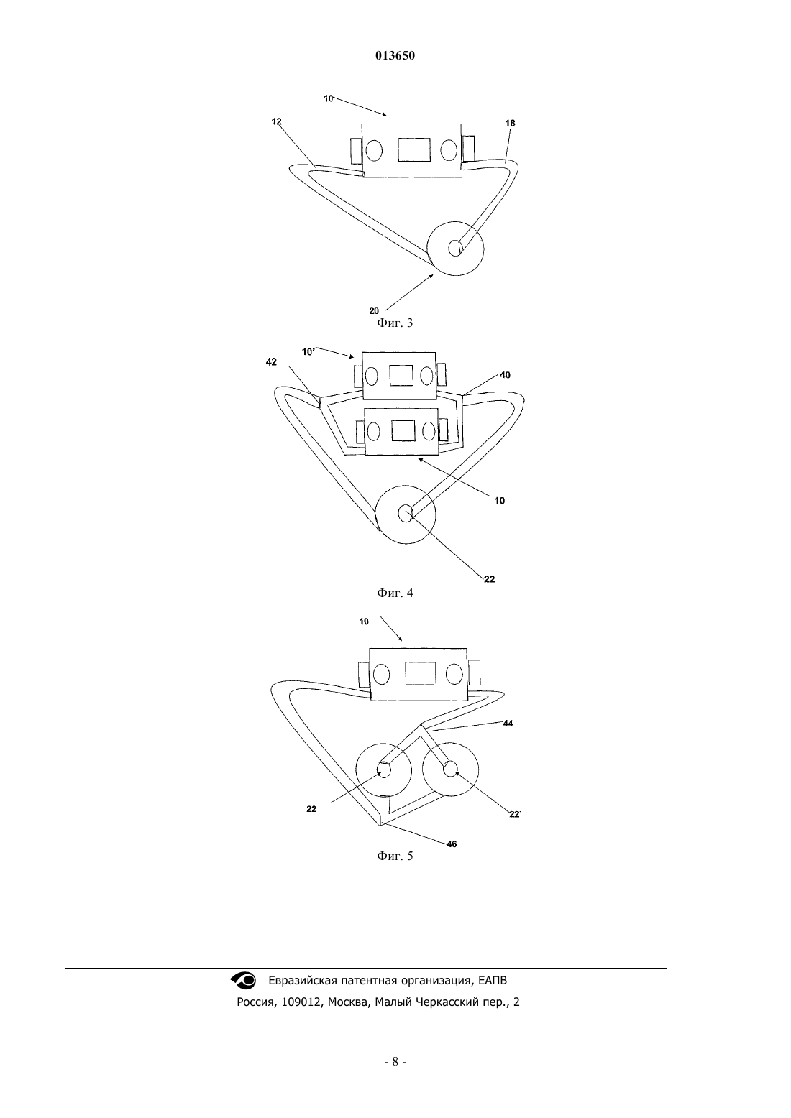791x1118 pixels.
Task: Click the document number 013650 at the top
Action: [x=395, y=56]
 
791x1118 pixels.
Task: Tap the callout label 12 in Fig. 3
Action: [x=277, y=121]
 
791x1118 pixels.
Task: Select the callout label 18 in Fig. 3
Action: [x=510, y=123]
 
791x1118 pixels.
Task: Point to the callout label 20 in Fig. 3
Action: [x=374, y=310]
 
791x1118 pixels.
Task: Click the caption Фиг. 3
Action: [x=395, y=323]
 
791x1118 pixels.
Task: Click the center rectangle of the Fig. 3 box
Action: [x=414, y=149]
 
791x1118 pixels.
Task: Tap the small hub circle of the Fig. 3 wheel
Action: [x=455, y=248]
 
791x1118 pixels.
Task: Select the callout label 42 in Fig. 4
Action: [x=271, y=362]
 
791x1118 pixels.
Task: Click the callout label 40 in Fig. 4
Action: [x=506, y=375]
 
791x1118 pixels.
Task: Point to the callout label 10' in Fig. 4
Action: [x=308, y=351]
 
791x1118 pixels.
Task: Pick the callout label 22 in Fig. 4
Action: [x=490, y=579]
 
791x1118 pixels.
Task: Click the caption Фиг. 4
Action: [x=395, y=593]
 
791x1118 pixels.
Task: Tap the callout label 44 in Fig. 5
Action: [x=508, y=724]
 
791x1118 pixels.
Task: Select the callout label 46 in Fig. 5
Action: [x=452, y=844]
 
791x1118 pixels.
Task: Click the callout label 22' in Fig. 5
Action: [x=516, y=814]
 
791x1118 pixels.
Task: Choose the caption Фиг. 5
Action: [x=395, y=856]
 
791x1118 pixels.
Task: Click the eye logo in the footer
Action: [x=243, y=980]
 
